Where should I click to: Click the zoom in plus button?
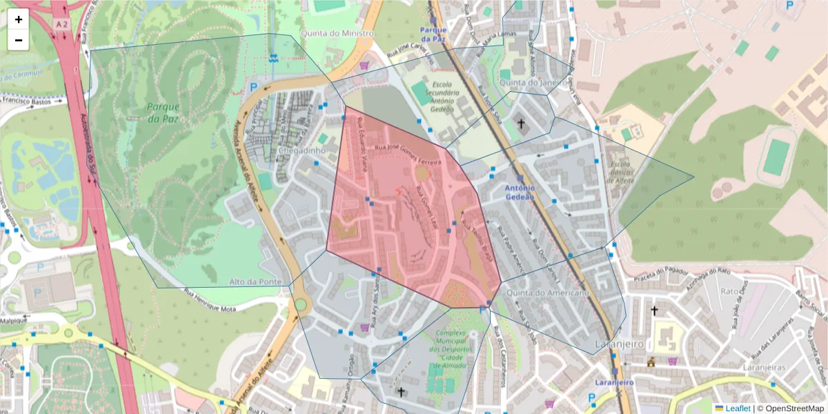19,19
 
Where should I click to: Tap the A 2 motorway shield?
62,24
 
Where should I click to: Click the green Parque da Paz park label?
163,112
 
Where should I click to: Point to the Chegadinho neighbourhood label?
303,150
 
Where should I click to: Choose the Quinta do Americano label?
547,293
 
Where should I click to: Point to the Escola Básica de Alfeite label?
620,172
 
